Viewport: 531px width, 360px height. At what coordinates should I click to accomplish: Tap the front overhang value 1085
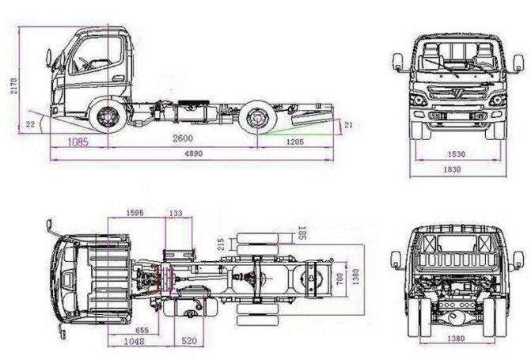click(78, 142)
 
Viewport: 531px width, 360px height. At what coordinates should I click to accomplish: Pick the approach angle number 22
click(30, 124)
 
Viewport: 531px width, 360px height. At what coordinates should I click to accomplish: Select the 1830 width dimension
click(453, 169)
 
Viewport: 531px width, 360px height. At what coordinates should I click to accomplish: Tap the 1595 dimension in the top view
click(135, 213)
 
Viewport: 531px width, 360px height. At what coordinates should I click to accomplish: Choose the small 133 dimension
click(175, 213)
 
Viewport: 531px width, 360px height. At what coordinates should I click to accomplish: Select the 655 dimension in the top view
click(142, 329)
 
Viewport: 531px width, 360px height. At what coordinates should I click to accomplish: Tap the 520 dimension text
click(189, 341)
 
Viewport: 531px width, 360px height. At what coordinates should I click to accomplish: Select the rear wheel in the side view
click(256, 119)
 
